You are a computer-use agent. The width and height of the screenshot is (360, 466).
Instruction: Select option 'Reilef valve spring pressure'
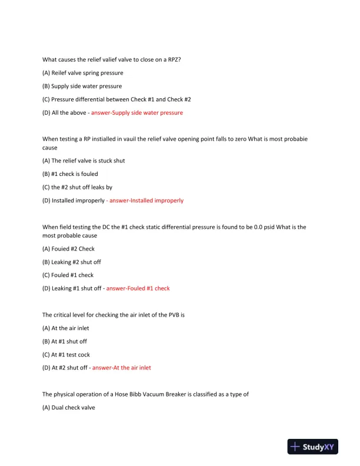pyautogui.click(x=83, y=73)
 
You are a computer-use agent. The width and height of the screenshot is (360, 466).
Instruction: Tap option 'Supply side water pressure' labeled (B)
pyautogui.click(x=82, y=86)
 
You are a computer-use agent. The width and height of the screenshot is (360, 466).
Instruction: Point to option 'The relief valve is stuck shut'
pyautogui.click(x=84, y=161)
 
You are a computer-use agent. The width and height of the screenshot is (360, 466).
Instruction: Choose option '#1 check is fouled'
pyautogui.click(x=70, y=174)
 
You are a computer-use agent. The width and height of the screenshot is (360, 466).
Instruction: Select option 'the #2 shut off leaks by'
pyautogui.click(x=77, y=187)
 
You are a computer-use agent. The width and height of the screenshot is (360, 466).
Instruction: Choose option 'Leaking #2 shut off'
pyautogui.click(x=76, y=262)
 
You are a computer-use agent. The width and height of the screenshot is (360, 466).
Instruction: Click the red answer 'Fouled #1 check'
pyautogui.click(x=138, y=288)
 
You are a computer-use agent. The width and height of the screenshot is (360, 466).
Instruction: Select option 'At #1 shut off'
pyautogui.click(x=69, y=341)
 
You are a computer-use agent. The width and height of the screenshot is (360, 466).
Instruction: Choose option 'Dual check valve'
pyautogui.click(x=73, y=407)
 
